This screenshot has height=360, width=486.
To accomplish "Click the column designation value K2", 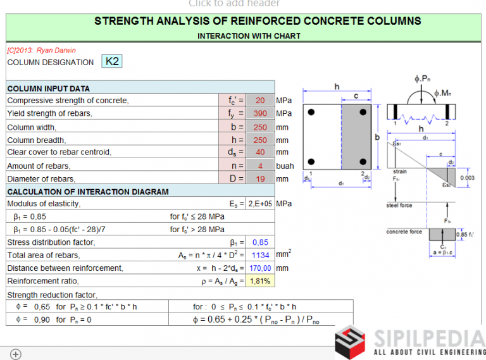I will (x=112, y=61).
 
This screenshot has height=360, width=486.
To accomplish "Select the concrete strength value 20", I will (x=260, y=101).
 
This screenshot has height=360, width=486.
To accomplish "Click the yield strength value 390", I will (x=260, y=114).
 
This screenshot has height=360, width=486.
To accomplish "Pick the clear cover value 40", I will (x=260, y=152).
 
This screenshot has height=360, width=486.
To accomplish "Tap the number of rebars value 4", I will (x=260, y=166).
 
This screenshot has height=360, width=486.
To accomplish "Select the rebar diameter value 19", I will (x=260, y=179).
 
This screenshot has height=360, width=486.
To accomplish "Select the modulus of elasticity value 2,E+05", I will (x=260, y=204).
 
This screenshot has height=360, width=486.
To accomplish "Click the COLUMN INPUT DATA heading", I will (x=48, y=89).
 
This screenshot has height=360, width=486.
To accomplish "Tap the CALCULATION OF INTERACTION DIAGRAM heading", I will (x=88, y=192).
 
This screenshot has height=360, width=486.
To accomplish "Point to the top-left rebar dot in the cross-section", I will (x=311, y=113).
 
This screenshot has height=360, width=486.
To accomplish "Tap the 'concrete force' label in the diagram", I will (x=404, y=232).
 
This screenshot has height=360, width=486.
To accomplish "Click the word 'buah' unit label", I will (x=285, y=166).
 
